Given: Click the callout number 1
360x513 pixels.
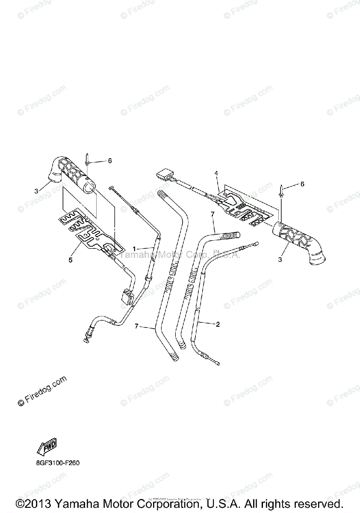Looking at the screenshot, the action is (134, 248).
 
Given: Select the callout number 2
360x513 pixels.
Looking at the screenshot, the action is (218, 324).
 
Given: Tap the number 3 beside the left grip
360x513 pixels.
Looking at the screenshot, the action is (36, 190).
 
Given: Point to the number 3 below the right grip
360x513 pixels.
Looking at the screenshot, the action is (280, 259).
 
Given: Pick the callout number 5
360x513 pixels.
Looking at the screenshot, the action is (71, 259).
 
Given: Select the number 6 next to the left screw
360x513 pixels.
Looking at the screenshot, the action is (109, 161).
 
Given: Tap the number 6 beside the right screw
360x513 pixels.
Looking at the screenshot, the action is (302, 184).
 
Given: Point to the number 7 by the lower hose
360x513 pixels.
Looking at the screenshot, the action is (136, 326).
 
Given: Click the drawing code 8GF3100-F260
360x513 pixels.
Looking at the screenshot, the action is (55, 463).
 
